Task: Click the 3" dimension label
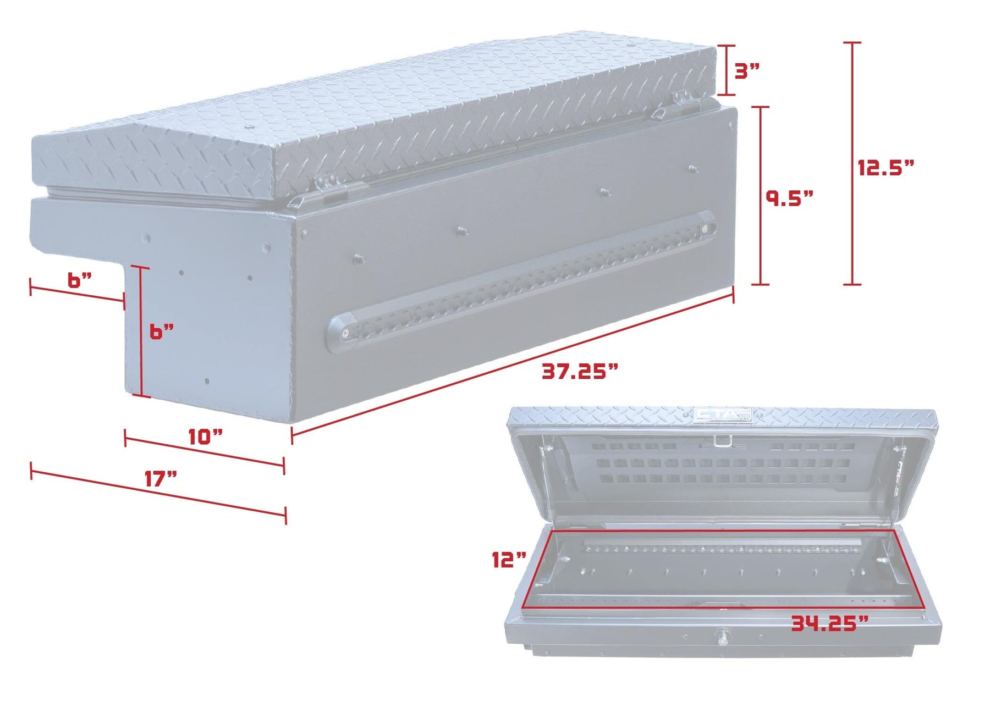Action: (x=747, y=71)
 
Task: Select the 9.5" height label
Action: (x=789, y=198)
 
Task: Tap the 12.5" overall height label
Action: (x=886, y=167)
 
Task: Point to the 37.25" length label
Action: (x=580, y=372)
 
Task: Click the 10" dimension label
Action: (x=205, y=437)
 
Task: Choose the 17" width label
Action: (x=161, y=478)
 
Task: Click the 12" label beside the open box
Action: (x=509, y=560)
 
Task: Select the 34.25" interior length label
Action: (x=829, y=623)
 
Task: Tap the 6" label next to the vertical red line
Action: (x=162, y=332)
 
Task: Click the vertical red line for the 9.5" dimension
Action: (x=760, y=196)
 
